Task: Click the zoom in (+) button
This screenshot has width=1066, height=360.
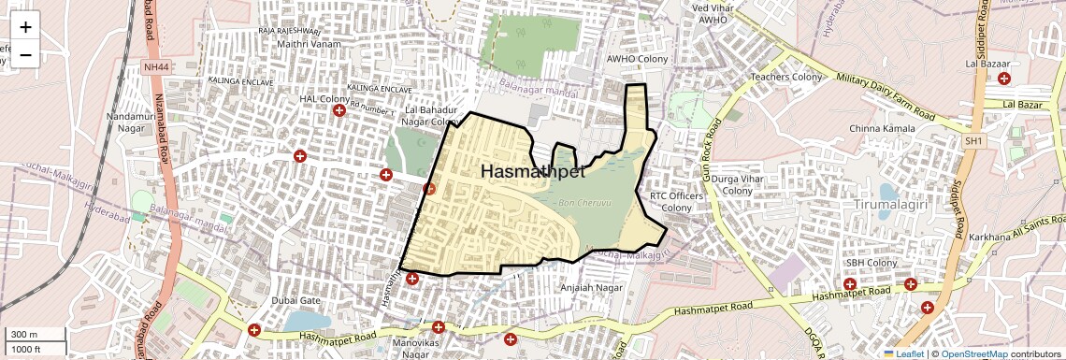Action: (25, 27)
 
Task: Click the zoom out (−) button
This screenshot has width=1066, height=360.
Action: (25, 53)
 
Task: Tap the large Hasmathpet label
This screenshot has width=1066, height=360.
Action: (532, 172)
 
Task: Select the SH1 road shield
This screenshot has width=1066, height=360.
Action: (975, 140)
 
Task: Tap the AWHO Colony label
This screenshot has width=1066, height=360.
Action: (635, 58)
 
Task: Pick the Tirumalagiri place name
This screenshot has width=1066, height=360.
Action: (891, 203)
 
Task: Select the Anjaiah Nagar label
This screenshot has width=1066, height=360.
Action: (591, 288)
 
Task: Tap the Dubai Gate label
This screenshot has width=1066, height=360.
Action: (296, 300)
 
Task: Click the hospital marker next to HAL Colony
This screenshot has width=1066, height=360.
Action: (339, 110)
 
